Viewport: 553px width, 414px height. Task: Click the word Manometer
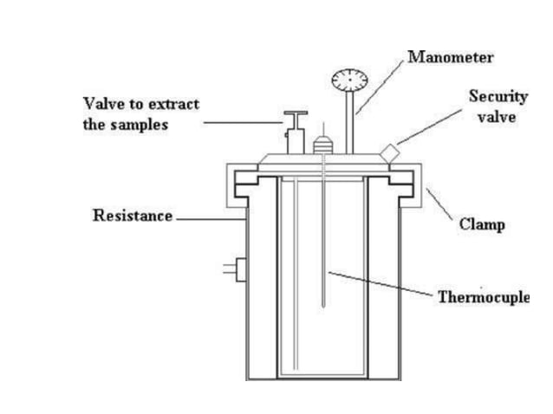[x=451, y=58]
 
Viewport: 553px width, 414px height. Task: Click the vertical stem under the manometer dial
[x=352, y=121]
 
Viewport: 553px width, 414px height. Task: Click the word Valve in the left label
[x=101, y=104]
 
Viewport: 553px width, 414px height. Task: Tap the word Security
[x=498, y=96]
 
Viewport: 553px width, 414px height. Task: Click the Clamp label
[x=481, y=224]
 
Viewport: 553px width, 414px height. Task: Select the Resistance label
[x=132, y=216]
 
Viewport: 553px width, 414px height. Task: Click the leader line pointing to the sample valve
[x=243, y=122]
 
